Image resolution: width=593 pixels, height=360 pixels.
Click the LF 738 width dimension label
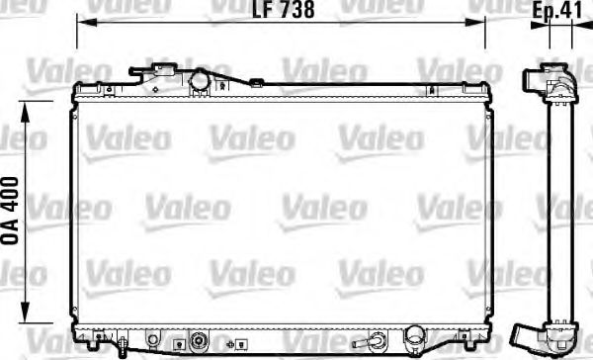point(285,12)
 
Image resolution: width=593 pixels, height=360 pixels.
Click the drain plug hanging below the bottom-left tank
point(122,346)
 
